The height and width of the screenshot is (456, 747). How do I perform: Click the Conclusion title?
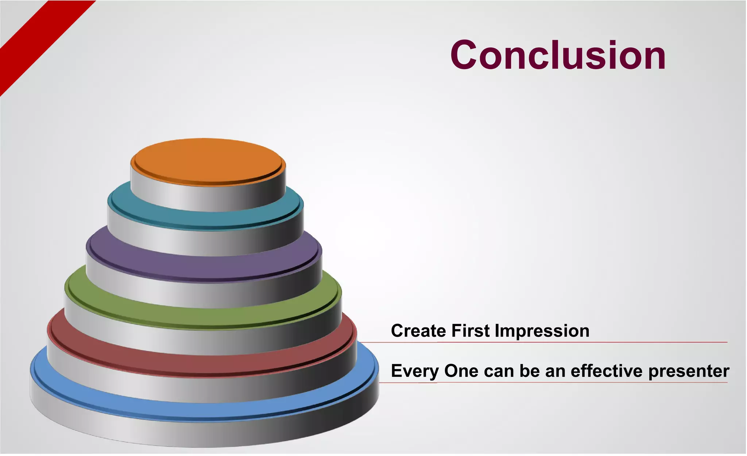[x=558, y=55]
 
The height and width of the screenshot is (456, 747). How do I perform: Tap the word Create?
[x=418, y=331]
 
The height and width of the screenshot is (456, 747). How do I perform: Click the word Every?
[x=415, y=371]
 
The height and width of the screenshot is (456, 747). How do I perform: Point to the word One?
[x=461, y=371]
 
